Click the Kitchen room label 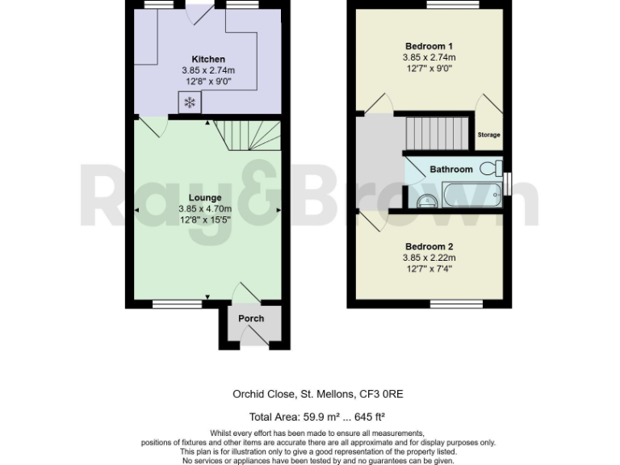[x=207, y=59]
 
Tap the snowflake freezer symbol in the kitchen [x=190, y=102]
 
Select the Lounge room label [x=205, y=197]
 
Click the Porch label [x=251, y=318]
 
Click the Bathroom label [x=450, y=170]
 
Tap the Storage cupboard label [x=488, y=135]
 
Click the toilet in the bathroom [x=489, y=169]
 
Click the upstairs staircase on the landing [x=437, y=132]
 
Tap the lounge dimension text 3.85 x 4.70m [x=205, y=208]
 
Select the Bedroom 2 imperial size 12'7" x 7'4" [x=429, y=269]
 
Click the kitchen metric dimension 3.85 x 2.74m [x=207, y=70]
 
